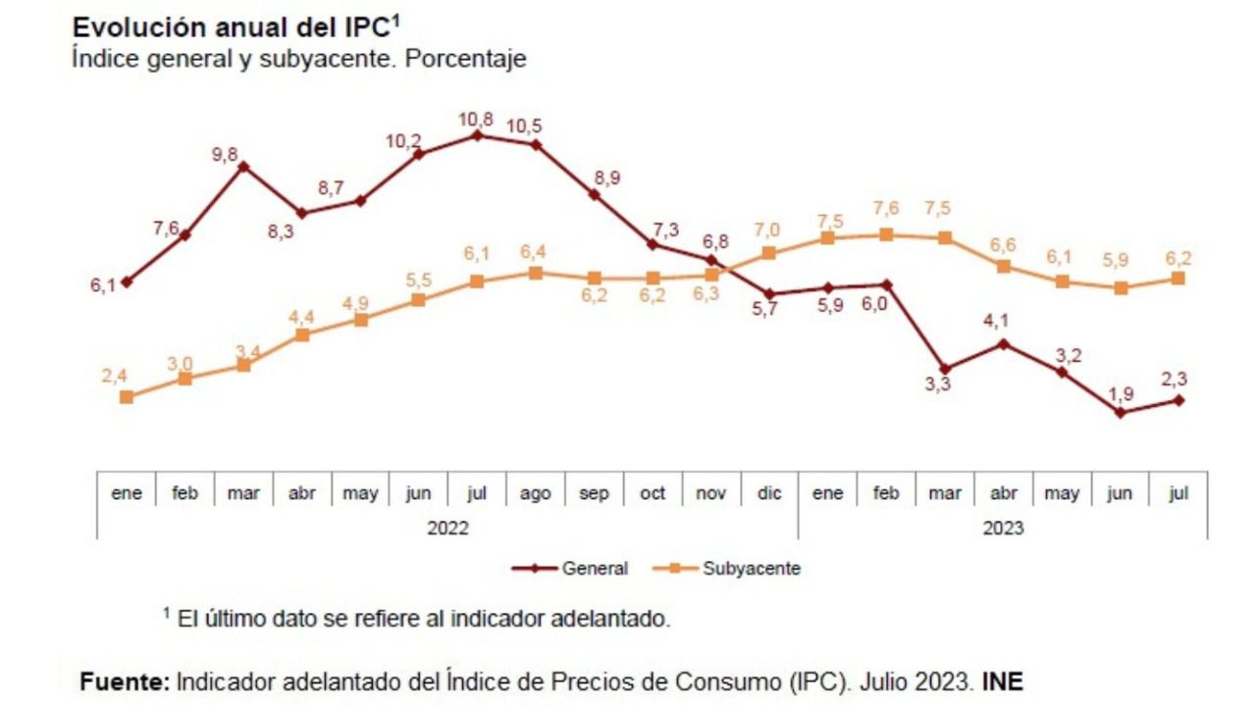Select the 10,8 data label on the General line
coord(477,120)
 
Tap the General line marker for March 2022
coord(243,166)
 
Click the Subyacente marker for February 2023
coord(886,234)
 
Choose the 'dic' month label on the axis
coord(769,494)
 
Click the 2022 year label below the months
coord(447,528)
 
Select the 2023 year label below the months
coord(1002,528)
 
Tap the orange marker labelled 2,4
coord(127,397)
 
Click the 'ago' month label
coord(535,494)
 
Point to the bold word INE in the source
coord(1002,681)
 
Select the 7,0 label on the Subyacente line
coord(767,230)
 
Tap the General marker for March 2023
coord(945,369)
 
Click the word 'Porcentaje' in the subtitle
coord(466,59)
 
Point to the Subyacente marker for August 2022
coord(535,273)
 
